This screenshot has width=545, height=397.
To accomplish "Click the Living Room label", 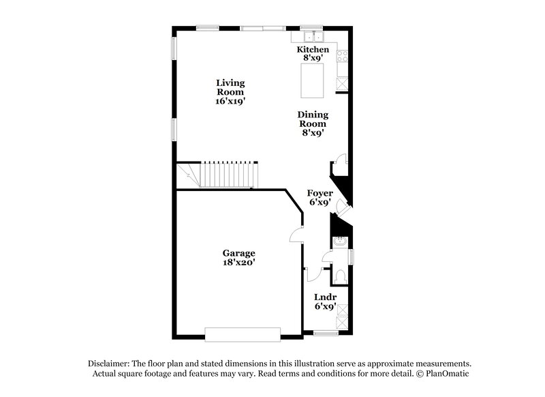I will point(230,87).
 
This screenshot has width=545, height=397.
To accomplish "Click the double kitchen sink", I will point(313,37).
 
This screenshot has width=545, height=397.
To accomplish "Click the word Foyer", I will point(319,193).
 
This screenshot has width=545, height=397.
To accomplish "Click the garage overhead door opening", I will point(243,334).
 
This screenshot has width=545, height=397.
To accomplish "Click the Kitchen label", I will point(313,50).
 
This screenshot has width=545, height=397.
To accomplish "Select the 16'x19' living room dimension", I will point(230,101).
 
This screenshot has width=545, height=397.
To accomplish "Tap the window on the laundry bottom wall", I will point(326,334).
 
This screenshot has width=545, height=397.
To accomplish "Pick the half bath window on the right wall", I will point(352,256).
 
